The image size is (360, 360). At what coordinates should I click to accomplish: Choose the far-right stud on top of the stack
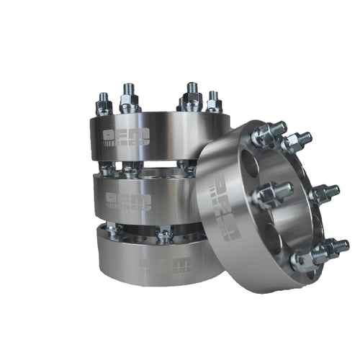[213, 101]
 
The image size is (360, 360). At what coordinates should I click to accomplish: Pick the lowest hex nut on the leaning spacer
[304, 263]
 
